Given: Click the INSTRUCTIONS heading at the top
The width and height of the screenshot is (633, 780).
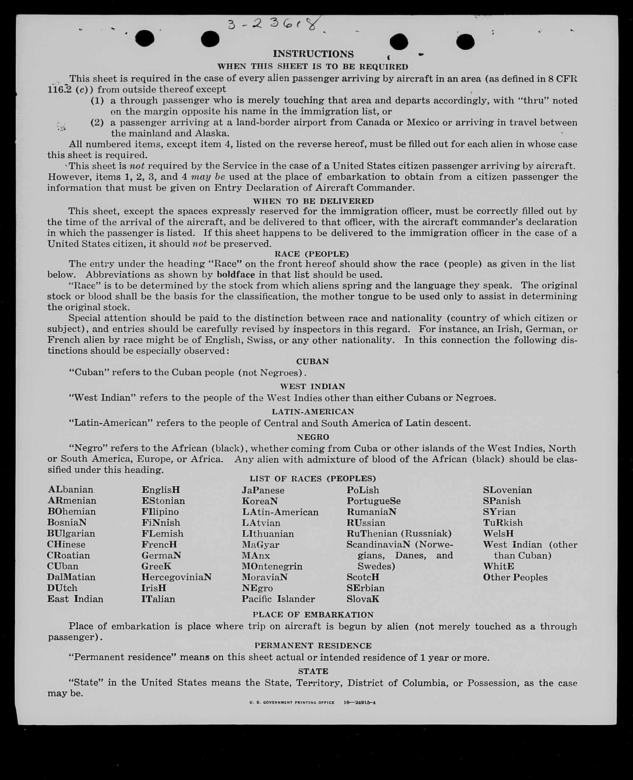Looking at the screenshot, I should (x=313, y=54).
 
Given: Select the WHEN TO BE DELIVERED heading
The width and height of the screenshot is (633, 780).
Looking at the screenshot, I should (x=313, y=201).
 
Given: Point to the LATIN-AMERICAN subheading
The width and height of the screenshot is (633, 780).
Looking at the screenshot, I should (x=313, y=411).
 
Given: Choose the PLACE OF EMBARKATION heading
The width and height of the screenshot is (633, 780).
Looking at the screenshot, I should (x=313, y=615).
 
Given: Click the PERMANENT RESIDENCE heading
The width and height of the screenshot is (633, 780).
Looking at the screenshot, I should (x=313, y=646).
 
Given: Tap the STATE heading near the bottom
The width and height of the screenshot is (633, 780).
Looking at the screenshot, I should (x=313, y=671).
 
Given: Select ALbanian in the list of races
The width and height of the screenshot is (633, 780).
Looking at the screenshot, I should (x=70, y=489).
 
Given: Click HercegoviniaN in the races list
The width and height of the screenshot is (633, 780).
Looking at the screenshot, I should (x=177, y=577).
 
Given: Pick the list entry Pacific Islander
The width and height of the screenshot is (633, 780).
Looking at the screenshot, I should (x=278, y=599).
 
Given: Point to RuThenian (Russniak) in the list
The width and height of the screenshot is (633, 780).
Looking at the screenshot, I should (x=399, y=533).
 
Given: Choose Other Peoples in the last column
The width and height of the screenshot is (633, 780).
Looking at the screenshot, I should (x=515, y=577).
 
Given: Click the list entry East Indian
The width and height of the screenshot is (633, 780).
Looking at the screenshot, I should (x=75, y=599).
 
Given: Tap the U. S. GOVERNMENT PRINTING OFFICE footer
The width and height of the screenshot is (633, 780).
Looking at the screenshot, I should (x=292, y=702).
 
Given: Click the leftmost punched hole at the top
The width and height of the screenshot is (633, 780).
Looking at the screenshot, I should (x=145, y=38).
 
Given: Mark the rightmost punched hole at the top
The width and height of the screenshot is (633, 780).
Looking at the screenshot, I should (x=465, y=41).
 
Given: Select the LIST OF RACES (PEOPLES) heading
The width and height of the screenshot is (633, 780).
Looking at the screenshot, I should (x=312, y=478).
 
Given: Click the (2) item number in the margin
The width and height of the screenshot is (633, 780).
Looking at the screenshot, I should (x=97, y=122).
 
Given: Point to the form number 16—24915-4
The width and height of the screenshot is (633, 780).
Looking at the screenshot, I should (x=359, y=702).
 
